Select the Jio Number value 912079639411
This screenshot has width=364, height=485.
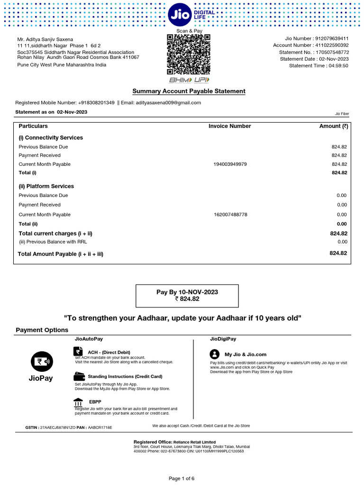coord(332,38)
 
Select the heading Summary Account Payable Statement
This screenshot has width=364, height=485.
coord(189,91)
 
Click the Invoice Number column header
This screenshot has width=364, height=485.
coord(229,126)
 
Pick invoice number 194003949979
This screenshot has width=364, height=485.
coord(230,164)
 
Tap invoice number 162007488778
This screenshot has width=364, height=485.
coord(230,215)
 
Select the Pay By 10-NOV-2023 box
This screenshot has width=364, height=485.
coord(187,296)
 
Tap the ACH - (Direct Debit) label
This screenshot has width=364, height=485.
coord(109,352)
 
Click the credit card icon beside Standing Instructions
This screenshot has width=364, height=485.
coord(79,377)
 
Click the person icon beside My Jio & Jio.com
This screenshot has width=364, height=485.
coord(215,354)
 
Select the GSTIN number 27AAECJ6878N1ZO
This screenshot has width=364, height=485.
coord(58,427)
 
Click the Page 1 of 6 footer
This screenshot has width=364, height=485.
coord(182,478)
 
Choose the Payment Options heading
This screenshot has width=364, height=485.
coord(42,330)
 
